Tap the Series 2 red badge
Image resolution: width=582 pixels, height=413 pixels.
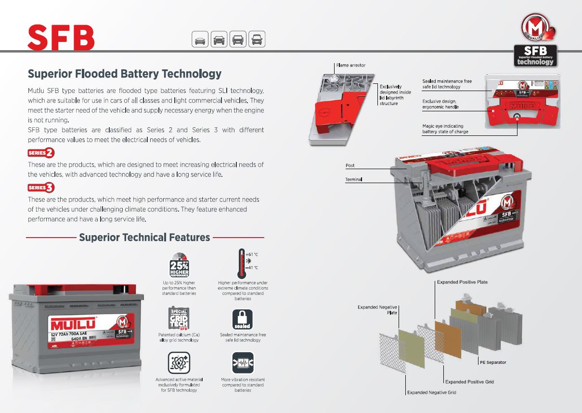pyautogui.click(x=41, y=153)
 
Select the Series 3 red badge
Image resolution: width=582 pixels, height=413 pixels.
pyautogui.click(x=41, y=187)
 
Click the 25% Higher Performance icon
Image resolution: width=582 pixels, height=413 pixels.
pyautogui.click(x=179, y=265)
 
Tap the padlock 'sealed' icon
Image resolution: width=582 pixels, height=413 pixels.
pyautogui.click(x=242, y=320)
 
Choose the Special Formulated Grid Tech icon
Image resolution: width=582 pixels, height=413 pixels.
pyautogui.click(x=179, y=319)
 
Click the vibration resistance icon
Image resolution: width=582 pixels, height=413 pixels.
pyautogui.click(x=242, y=363)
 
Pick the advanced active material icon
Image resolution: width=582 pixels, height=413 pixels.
pyautogui.click(x=179, y=363)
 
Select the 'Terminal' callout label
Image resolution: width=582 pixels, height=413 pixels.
pyautogui.click(x=353, y=179)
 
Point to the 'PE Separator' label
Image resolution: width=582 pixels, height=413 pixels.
pyautogui.click(x=493, y=362)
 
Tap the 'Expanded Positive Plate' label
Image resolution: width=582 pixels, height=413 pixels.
pyautogui.click(x=462, y=282)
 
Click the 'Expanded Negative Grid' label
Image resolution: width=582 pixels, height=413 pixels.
pyautogui.click(x=431, y=392)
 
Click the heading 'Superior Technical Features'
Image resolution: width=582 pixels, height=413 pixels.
pyautogui.click(x=144, y=238)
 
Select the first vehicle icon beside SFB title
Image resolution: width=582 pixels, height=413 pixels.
pyautogui.click(x=200, y=40)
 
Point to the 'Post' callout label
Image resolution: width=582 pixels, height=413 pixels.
pyautogui.click(x=350, y=165)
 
